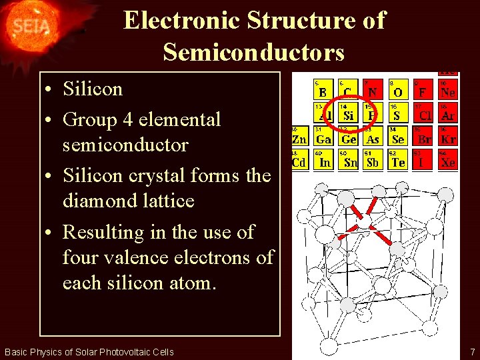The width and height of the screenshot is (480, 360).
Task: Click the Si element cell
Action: (348, 113)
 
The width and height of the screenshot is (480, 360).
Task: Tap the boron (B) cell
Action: (323, 90)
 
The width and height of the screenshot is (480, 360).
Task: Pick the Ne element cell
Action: (447, 90)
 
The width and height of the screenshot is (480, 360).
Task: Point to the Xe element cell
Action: (447, 159)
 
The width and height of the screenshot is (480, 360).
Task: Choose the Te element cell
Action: (398, 159)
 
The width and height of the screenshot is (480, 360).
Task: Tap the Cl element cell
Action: (424, 113)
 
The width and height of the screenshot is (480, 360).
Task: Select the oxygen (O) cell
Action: (398, 90)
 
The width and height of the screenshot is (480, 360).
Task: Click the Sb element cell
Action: (373, 159)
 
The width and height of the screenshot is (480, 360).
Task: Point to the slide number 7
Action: (472, 351)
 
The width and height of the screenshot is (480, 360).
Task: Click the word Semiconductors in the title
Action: (253, 51)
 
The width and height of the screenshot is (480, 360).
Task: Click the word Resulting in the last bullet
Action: (103, 233)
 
